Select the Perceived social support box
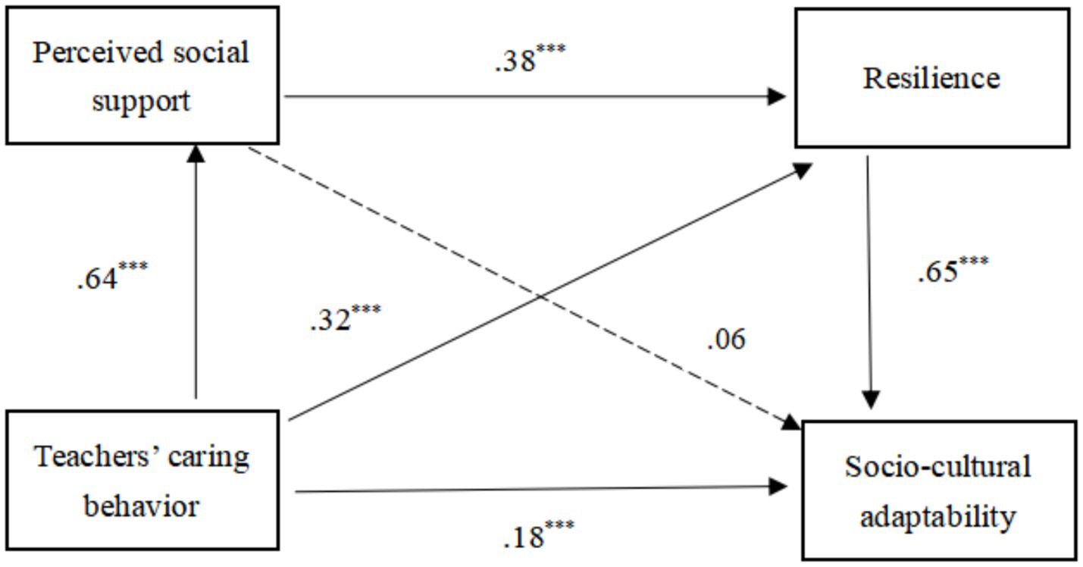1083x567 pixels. pos(141,76)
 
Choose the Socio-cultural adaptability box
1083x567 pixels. pos(938,491)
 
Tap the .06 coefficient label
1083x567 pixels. pos(725,340)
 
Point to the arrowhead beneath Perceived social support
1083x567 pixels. pos(196,153)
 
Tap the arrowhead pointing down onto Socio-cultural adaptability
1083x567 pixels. pos(872,399)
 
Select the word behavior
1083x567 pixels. pos(142,505)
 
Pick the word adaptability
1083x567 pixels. pos(938,517)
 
